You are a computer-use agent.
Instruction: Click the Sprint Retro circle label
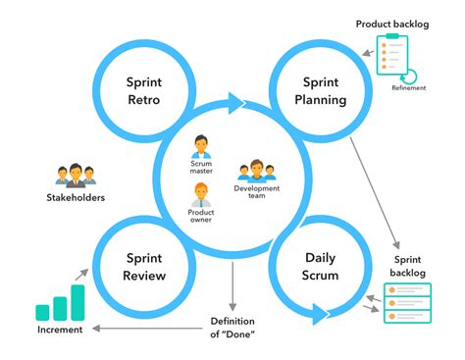point(142,91)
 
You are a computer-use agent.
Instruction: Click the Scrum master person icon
point(201,148)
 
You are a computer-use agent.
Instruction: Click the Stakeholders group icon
point(76,175)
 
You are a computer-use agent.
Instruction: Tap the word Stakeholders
point(76,198)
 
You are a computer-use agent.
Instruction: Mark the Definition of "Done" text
point(235,328)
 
